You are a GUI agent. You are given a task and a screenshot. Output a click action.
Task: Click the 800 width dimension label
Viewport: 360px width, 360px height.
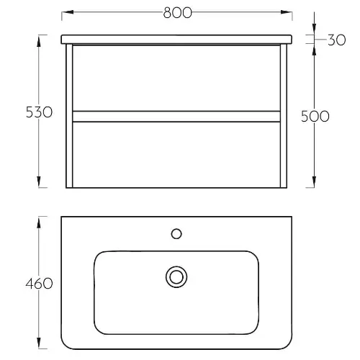pyautogui.click(x=178, y=13)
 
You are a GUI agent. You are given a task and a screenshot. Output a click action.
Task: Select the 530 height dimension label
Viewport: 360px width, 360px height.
pyautogui.click(x=39, y=112)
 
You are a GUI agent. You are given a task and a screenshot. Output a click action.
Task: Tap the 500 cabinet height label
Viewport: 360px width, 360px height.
pyautogui.click(x=315, y=117)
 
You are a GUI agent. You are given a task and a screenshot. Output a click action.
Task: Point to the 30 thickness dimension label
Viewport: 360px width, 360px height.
pyautogui.click(x=337, y=40)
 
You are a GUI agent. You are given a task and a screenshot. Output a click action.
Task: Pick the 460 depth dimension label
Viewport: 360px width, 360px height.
pyautogui.click(x=39, y=284)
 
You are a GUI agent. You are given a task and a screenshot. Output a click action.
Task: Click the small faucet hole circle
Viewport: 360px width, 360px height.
pyautogui.click(x=176, y=234)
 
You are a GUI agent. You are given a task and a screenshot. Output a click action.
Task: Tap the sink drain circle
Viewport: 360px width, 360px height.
pyautogui.click(x=176, y=277)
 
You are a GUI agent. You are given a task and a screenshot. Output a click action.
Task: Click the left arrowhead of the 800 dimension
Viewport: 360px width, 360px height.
pyautogui.click(x=68, y=12)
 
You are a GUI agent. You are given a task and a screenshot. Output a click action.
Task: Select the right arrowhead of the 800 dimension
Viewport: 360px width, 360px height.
pyautogui.click(x=287, y=12)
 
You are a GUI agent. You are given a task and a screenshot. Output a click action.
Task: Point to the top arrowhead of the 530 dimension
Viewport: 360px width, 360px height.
pyautogui.click(x=39, y=41)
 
